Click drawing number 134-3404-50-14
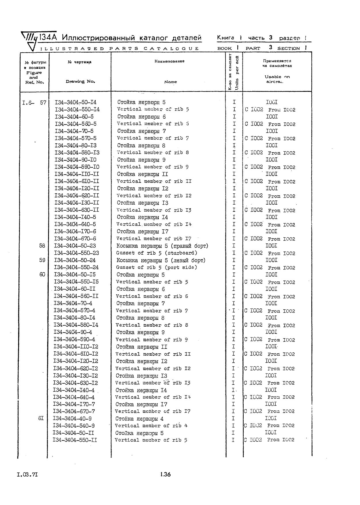coord(75,102)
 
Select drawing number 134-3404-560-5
coord(75,124)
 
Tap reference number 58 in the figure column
coord(42,246)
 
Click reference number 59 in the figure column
coord(42,260)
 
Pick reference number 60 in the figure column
coord(42,275)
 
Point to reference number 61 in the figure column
coord(41,418)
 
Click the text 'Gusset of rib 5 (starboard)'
coord(157,253)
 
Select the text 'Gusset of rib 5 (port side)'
coord(156,267)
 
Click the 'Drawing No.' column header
coord(80,81)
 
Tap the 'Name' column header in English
coord(170,82)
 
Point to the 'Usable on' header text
coord(277,77)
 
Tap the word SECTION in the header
coord(289,48)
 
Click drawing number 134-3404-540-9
coord(74,426)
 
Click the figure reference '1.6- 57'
coord(34,102)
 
